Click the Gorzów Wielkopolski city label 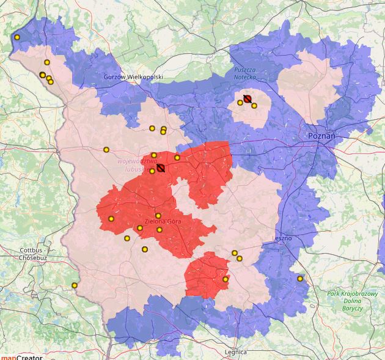click(134, 77)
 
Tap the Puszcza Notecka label click(248, 75)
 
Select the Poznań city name click(321, 136)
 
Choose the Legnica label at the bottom click(235, 352)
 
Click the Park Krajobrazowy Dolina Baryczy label click(353, 301)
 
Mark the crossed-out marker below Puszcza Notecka click(248, 98)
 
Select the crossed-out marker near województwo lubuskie click(160, 167)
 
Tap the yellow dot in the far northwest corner click(17, 37)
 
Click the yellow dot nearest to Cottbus click(75, 285)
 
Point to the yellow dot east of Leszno click(300, 279)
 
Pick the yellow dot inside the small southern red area click(226, 279)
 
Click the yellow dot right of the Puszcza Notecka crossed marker click(254, 106)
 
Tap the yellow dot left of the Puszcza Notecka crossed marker click(240, 103)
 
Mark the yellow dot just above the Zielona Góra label click(158, 216)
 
